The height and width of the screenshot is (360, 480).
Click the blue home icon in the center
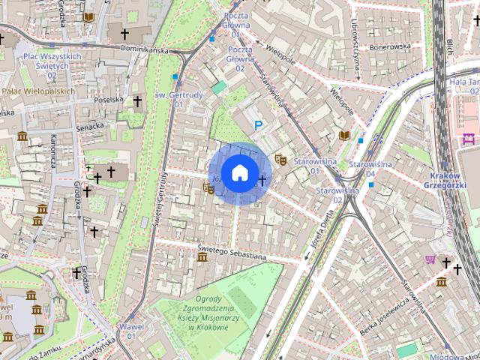point(239,173)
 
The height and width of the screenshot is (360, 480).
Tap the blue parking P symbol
point(259,126)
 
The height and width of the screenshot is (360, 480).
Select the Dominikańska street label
point(148,49)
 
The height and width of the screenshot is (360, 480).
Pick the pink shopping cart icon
point(431,259)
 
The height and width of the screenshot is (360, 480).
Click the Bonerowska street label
point(389,46)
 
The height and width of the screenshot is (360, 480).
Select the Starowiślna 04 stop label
point(361,169)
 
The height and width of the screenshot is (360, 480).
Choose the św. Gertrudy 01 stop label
point(169,99)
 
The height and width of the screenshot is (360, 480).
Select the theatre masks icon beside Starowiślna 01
point(281,159)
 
